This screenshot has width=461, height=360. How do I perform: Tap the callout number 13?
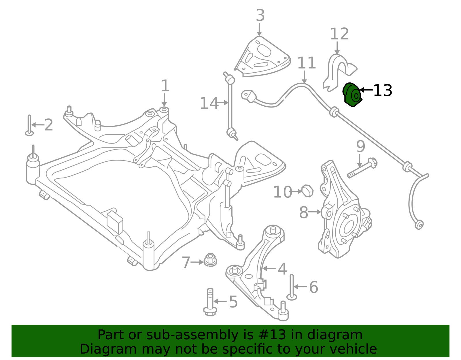point(382,91)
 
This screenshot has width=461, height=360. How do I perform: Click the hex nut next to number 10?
point(308,191)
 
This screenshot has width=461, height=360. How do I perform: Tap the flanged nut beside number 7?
point(210,260)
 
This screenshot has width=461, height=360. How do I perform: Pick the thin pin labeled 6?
point(292,287)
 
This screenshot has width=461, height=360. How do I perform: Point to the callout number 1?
point(165,86)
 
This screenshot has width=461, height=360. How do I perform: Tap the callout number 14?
point(209,103)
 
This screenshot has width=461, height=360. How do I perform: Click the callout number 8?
point(303,213)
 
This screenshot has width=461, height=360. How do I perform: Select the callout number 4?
point(282,269)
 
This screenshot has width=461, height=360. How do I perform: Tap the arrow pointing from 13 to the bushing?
point(366,90)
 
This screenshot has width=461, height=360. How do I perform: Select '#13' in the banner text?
point(270,335)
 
